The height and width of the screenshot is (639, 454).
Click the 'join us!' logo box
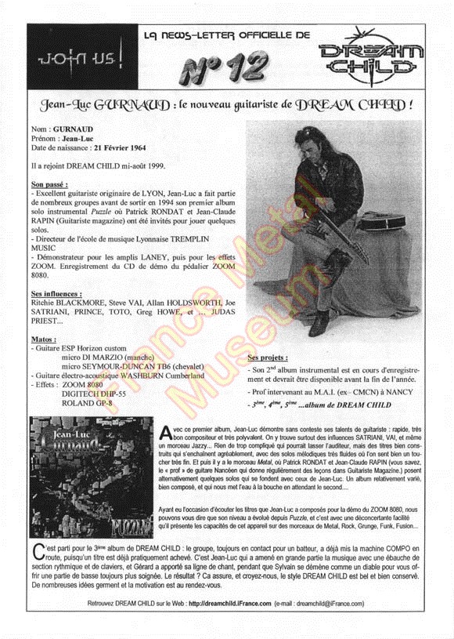pyautogui.click(x=56, y=59)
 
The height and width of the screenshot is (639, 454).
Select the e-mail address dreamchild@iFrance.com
pyautogui.click(x=343, y=603)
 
